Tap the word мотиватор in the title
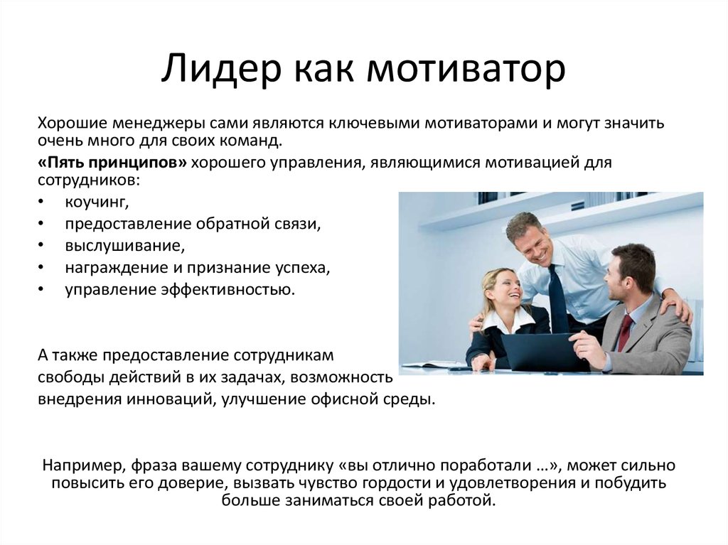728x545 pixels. pyautogui.click(x=465, y=69)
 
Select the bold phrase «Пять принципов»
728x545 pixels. pyautogui.click(x=112, y=163)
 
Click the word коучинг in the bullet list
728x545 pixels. pyautogui.click(x=97, y=203)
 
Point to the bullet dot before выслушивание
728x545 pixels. pyautogui.click(x=41, y=245)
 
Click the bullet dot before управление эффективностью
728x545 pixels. pyautogui.click(x=41, y=289)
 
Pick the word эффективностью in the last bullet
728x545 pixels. pyautogui.click(x=227, y=290)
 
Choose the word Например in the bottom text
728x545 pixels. pyautogui.click(x=84, y=465)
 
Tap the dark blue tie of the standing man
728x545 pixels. pyautogui.click(x=556, y=296)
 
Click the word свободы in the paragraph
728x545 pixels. pyautogui.click(x=71, y=377)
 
